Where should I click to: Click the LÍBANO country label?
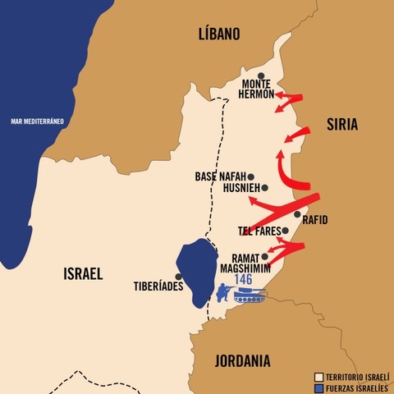click(x=219, y=34)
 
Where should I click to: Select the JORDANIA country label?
click(x=242, y=360)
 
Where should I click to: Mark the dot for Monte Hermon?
click(x=261, y=76)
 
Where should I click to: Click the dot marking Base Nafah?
click(x=251, y=176)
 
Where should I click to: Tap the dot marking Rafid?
click(x=297, y=214)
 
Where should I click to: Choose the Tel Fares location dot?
click(x=285, y=231)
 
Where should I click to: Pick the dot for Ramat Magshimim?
click(x=264, y=256)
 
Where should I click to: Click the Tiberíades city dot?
click(x=178, y=277)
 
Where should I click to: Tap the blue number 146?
click(x=243, y=279)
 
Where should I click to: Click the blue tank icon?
click(x=249, y=295)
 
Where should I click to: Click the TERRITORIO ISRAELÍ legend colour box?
click(x=318, y=376)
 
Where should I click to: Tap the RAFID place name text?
click(x=315, y=220)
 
